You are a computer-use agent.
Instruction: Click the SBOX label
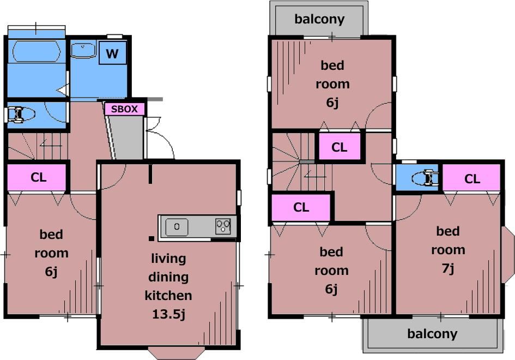124,109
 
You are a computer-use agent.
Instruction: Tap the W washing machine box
113,52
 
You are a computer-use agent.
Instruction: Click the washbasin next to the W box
83,50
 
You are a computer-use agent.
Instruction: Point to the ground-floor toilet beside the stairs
21,115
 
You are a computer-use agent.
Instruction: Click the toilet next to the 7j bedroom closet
425,178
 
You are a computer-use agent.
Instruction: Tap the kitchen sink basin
177,227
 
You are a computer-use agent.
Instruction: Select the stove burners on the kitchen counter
223,226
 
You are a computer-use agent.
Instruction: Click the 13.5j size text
168,314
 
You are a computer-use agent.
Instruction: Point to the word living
168,259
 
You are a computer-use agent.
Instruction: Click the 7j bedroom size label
448,268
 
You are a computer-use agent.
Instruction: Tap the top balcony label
319,19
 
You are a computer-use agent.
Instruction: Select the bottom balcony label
432,334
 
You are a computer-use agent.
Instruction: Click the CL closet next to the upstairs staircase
340,147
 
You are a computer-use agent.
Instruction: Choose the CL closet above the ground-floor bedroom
39,177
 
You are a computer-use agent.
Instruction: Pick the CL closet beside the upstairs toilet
472,178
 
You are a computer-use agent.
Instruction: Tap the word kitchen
168,296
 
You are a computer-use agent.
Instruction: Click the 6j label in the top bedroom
332,103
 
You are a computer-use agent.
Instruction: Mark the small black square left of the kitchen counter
152,238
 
